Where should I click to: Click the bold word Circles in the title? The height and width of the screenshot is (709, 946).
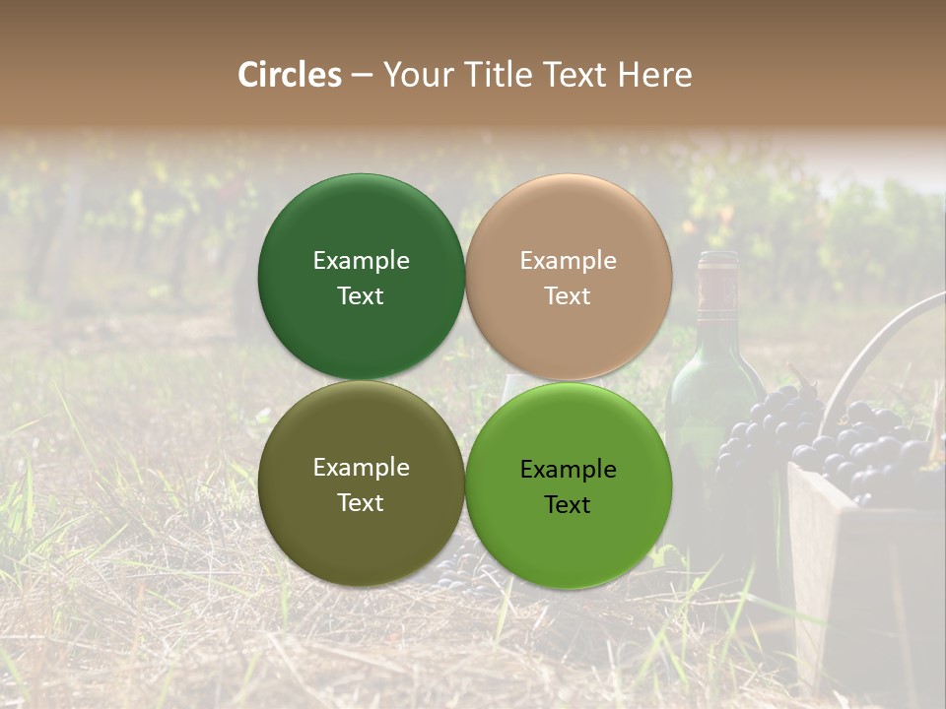coord(290,75)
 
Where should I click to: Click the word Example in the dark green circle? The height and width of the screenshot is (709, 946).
coord(361,260)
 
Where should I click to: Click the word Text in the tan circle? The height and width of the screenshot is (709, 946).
coord(568,295)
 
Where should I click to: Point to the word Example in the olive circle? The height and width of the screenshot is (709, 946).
coord(361,467)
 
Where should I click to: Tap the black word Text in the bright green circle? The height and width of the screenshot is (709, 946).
coord(568,504)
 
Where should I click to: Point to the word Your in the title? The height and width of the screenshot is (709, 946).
coord(415,75)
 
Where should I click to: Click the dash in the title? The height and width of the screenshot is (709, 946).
coord(362,76)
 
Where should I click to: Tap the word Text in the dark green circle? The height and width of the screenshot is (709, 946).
coord(361,295)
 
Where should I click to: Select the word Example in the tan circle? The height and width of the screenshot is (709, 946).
coord(568,260)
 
